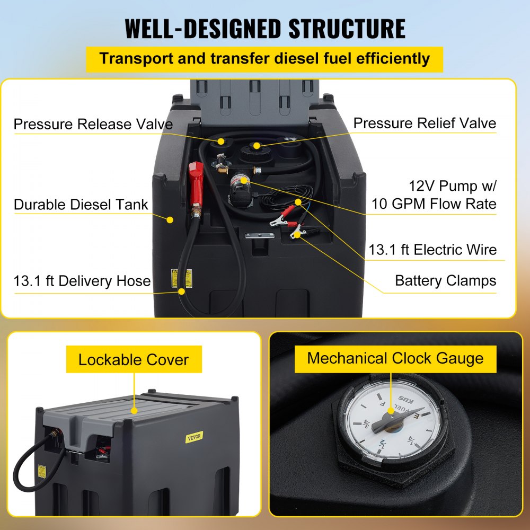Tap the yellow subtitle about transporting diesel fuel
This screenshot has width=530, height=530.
tap(264, 58)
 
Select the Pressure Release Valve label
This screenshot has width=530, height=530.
tap(93, 125)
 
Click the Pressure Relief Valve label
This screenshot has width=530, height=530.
tap(425, 123)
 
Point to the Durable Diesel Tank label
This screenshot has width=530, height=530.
tap(81, 205)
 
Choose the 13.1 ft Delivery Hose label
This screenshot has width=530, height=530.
tap(82, 281)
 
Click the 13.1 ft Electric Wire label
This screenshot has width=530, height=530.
tap(432, 250)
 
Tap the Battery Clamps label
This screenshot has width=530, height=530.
tap(445, 281)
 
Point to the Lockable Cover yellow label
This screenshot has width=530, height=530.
tap(133, 360)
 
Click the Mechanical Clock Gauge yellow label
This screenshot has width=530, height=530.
tap(395, 358)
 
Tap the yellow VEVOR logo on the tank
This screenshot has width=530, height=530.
tap(195, 437)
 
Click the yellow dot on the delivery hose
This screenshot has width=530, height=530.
tap(182, 291)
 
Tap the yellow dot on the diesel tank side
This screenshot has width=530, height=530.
tap(170, 219)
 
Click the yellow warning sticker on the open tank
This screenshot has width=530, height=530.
tap(174, 278)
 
